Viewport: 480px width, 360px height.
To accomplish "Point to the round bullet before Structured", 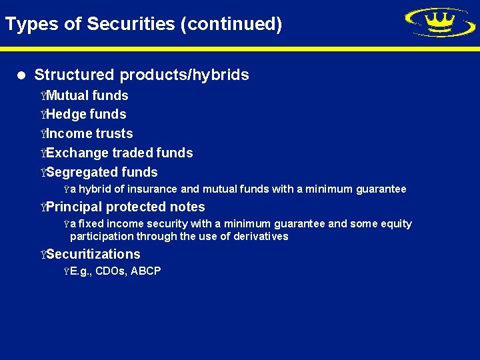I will click(x=23, y=75).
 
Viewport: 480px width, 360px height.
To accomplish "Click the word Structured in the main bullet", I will click(x=73, y=75).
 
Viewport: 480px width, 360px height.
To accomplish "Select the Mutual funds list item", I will click(x=87, y=95).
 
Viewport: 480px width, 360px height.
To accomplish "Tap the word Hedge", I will click(x=66, y=114).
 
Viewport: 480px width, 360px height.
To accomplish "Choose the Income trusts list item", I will click(x=89, y=133).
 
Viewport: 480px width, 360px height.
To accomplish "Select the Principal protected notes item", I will click(x=125, y=207).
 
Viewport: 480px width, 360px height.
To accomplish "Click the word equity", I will click(x=397, y=224).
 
